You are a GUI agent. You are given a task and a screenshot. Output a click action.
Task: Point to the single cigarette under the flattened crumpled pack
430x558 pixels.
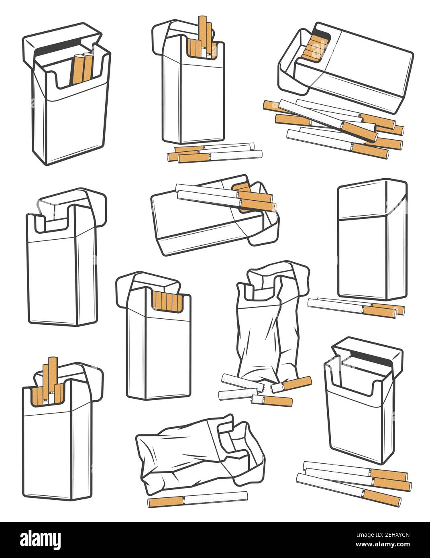(x=197, y=500)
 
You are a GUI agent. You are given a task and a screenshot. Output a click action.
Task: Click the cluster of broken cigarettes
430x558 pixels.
(x=261, y=389)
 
